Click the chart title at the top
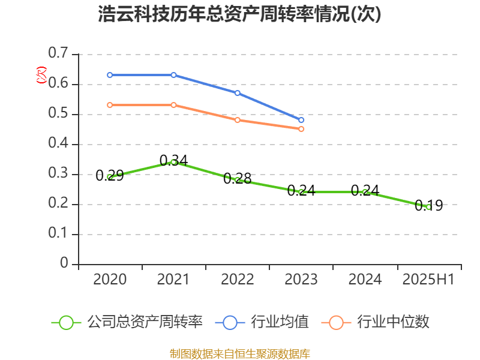click(x=239, y=15)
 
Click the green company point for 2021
click(x=173, y=162)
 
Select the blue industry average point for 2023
click(x=301, y=120)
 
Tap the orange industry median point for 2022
click(x=238, y=120)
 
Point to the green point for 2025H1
click(x=428, y=207)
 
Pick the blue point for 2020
click(x=110, y=75)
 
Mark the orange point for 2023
click(x=301, y=129)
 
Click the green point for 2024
click(x=365, y=192)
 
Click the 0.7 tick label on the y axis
click(x=58, y=53)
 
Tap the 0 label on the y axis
click(x=65, y=263)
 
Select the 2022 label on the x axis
click(x=238, y=280)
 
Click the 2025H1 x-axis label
click(x=428, y=280)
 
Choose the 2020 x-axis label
click(x=110, y=280)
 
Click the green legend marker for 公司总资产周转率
click(x=66, y=322)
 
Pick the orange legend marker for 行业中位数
click(x=337, y=322)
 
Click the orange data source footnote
click(x=239, y=353)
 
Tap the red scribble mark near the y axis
click(x=41, y=75)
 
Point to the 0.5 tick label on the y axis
click(x=58, y=113)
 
